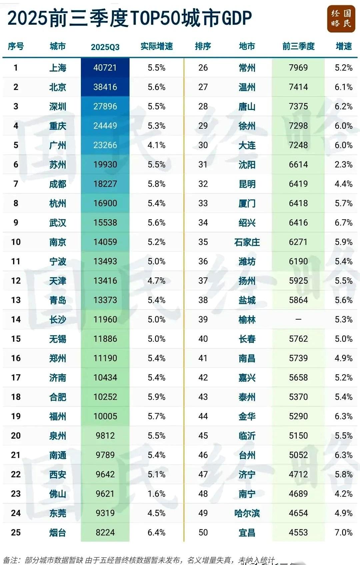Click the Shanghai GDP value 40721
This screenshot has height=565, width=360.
[105, 68]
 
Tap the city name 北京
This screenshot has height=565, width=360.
[58, 87]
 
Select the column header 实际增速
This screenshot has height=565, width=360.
[156, 46]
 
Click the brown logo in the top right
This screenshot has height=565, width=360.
[341, 19]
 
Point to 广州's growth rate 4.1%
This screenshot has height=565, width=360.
[156, 145]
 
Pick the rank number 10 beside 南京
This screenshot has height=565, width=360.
[16, 242]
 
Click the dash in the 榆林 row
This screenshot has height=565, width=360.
[298, 320]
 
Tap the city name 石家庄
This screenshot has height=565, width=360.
[247, 242]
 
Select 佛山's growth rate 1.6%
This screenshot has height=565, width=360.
[156, 494]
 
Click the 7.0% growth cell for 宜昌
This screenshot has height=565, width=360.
[343, 532]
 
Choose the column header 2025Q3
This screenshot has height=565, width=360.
[105, 47]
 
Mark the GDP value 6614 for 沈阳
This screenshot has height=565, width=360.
[298, 165]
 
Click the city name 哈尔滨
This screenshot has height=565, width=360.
[247, 513]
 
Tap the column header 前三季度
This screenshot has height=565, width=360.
[298, 46]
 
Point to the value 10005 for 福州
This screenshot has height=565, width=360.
[105, 416]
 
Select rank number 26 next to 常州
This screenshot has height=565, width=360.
[203, 68]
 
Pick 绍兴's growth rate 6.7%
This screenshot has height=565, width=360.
[343, 223]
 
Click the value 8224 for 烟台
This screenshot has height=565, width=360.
[105, 532]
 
